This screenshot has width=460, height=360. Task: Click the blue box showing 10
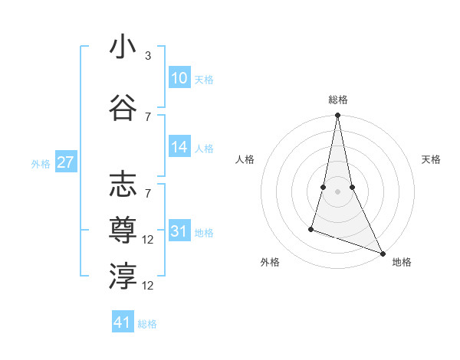click(x=179, y=78)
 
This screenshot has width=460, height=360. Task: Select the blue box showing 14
click(x=179, y=148)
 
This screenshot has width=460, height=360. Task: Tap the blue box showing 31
click(x=179, y=231)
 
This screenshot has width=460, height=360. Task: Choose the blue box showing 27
click(x=66, y=162)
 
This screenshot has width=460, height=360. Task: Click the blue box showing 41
click(x=123, y=322)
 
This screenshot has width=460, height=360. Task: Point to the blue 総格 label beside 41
click(x=147, y=324)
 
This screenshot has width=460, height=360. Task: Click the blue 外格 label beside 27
click(x=41, y=164)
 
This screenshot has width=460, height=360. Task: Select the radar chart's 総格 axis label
click(x=337, y=100)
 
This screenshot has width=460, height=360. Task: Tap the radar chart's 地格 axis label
click(x=402, y=262)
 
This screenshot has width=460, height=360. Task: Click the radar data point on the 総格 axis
click(x=337, y=116)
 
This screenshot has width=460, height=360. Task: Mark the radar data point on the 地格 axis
click(x=382, y=252)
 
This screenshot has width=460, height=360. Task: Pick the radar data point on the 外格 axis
click(x=311, y=228)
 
